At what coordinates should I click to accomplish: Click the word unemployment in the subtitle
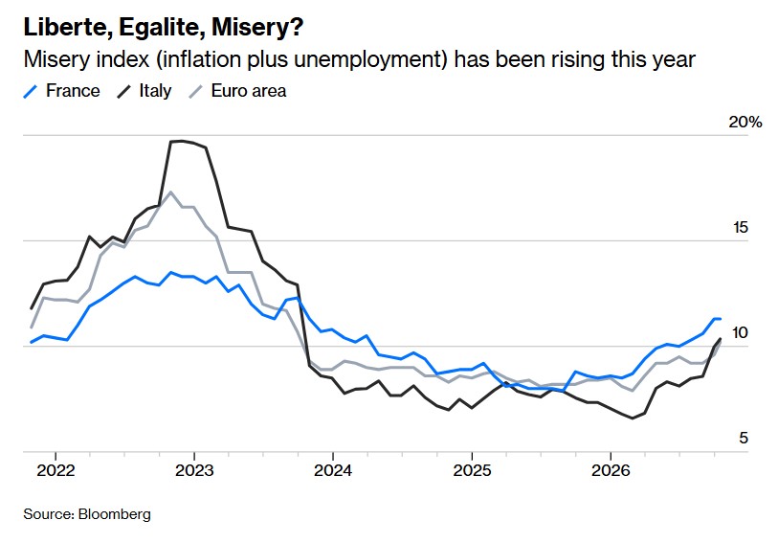[367, 60]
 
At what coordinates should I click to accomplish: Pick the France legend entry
[61, 91]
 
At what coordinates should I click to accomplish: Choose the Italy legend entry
[144, 91]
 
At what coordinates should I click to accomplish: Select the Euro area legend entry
[238, 91]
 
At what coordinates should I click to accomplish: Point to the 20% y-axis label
[745, 122]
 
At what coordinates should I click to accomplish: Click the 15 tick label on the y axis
[741, 228]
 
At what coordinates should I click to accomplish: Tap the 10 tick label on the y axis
[740, 333]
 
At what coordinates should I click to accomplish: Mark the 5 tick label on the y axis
[744, 439]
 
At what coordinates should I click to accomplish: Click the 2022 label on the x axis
[56, 470]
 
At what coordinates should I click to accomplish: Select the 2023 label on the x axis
[194, 470]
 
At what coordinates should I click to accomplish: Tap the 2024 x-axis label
[333, 470]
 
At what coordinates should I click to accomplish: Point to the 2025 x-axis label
[472, 470]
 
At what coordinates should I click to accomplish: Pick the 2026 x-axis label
[611, 470]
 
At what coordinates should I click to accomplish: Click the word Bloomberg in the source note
[115, 514]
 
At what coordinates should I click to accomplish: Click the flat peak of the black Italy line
[182, 142]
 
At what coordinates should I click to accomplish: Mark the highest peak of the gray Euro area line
[170, 192]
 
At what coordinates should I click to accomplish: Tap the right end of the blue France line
[720, 319]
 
